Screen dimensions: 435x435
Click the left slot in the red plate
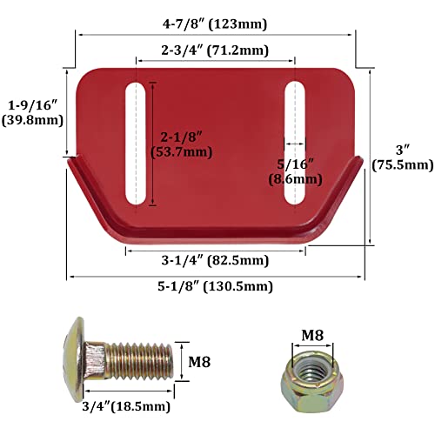[x=137, y=144]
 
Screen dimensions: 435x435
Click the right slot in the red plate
[x=294, y=144]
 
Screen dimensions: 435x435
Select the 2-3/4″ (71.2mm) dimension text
[x=216, y=50]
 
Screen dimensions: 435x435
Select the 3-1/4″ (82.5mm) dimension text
[x=214, y=260]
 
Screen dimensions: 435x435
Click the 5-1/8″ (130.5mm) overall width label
[x=214, y=286]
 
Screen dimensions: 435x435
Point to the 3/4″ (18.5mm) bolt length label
[x=127, y=405]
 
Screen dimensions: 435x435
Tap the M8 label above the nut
[x=312, y=334]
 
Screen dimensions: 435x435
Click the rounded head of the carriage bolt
[x=75, y=357]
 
